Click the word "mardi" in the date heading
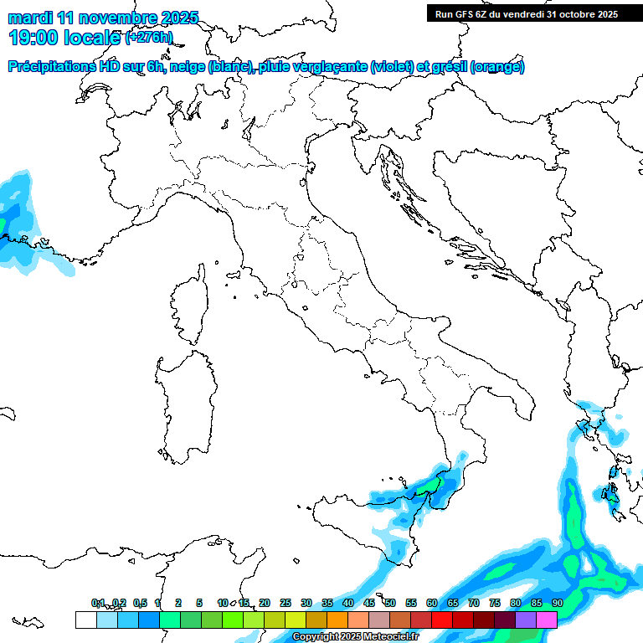(31, 18)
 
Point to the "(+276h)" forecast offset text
(148, 38)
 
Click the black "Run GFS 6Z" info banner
(527, 13)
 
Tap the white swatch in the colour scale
(85, 620)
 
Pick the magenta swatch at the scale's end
(547, 620)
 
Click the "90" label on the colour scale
(557, 603)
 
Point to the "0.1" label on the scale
(98, 603)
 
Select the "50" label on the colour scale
(390, 603)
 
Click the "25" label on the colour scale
(285, 603)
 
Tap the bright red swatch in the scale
(442, 620)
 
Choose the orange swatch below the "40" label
(337, 620)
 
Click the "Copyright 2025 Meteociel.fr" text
(355, 637)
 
